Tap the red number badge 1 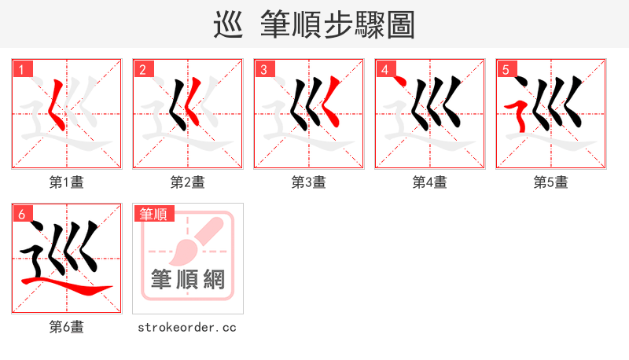coord(21,69)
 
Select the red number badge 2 coord(142,69)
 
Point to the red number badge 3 coord(263,69)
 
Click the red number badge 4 coord(384,69)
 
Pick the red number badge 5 coord(506,69)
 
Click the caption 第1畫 coord(67,182)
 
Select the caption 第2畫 coord(188,182)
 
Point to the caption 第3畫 coord(309,182)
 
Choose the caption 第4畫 coord(430,182)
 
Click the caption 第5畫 coord(551,182)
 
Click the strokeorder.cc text coord(188,327)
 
